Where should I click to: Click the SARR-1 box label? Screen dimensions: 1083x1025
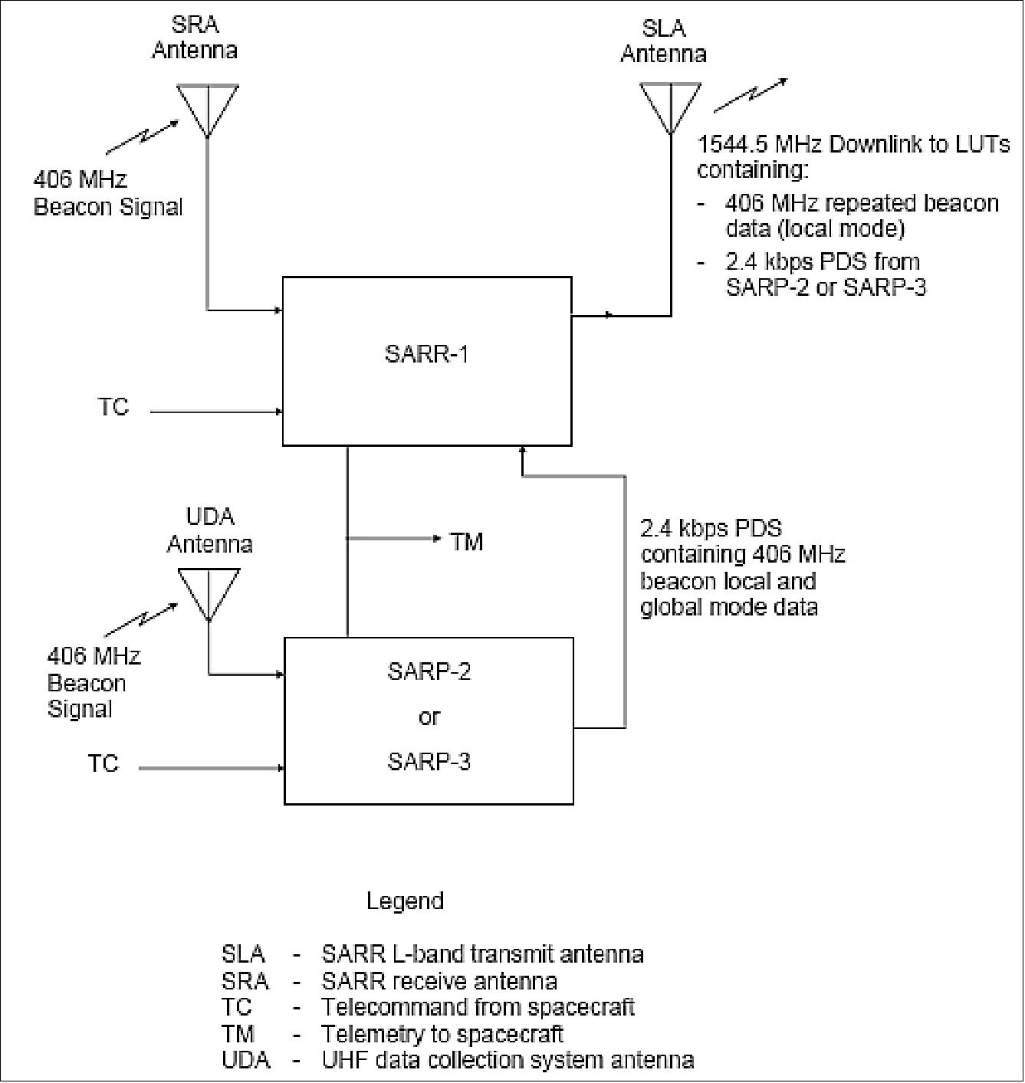426,355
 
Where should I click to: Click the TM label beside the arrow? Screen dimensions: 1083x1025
466,542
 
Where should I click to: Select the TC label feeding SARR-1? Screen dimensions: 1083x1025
113,407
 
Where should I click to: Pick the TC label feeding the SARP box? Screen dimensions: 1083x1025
103,764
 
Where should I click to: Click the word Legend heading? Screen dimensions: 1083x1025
405,901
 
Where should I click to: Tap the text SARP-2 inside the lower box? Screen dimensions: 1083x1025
429,671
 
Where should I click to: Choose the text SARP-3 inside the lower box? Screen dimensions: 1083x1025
429,762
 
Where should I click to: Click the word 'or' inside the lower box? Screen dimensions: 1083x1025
429,717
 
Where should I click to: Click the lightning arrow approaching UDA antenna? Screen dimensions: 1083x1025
140,618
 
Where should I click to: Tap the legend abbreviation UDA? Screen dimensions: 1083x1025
245,1060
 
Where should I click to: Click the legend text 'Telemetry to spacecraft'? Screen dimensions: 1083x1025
442,1034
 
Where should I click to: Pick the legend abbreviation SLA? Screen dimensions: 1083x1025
243,954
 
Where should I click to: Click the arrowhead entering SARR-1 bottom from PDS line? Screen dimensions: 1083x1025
523,452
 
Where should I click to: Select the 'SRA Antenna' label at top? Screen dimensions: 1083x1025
195,37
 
